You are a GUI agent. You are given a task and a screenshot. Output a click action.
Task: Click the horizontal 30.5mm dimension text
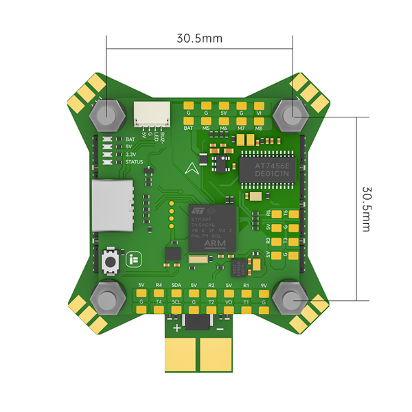click(199, 38)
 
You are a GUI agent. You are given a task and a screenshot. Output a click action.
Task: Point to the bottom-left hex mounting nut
click(107, 296)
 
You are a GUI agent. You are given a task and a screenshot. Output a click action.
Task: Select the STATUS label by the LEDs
click(135, 162)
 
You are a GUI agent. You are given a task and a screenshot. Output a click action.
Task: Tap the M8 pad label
click(258, 128)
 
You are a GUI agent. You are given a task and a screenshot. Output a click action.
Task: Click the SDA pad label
click(176, 284)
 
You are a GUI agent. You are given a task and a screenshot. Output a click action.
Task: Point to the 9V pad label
click(263, 284)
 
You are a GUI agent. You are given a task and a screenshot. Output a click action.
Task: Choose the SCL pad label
click(176, 301)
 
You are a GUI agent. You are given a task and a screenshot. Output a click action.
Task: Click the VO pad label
click(228, 301)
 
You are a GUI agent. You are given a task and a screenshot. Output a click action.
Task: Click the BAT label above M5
click(188, 128)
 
